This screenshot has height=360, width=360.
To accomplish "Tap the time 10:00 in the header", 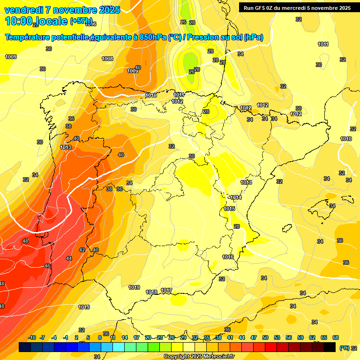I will tap(20, 21).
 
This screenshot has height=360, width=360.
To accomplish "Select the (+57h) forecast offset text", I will tap(81, 21).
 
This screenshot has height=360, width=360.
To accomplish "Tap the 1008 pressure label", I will tap(107, 59).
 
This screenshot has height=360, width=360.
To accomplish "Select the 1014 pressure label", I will tap(236, 197).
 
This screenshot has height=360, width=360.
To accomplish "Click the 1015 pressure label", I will tap(229, 209).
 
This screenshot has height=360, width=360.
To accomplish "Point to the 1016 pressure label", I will tap(228, 257).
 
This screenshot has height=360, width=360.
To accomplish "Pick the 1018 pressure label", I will tap(151, 292).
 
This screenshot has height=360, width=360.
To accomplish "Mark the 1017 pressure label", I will tap(166, 290).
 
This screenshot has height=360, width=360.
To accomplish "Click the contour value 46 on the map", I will tap(47, 266).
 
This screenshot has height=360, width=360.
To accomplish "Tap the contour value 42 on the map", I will tap(82, 250).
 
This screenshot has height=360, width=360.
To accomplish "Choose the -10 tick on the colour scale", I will tap(32, 337).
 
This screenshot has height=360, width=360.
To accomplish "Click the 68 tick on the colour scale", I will tap(336, 337).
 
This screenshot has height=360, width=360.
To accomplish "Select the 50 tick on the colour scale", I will tap(265, 337).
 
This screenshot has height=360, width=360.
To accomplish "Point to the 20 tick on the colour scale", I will tap(148, 337).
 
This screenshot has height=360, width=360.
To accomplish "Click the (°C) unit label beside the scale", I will tap(344, 348).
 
